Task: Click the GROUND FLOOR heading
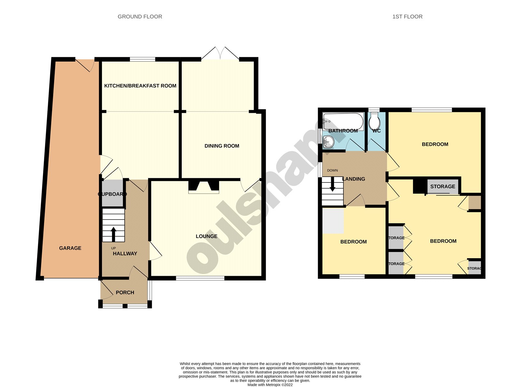140,17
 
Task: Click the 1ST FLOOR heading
407,17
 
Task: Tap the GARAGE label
70,248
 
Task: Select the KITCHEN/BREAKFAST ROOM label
140,86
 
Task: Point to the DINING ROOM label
222,146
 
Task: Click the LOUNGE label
206,236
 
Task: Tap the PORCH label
125,293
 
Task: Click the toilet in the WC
375,121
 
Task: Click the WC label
376,131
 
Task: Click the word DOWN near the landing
332,170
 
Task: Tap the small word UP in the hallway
113,248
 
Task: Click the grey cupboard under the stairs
112,193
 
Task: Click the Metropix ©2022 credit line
270,385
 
